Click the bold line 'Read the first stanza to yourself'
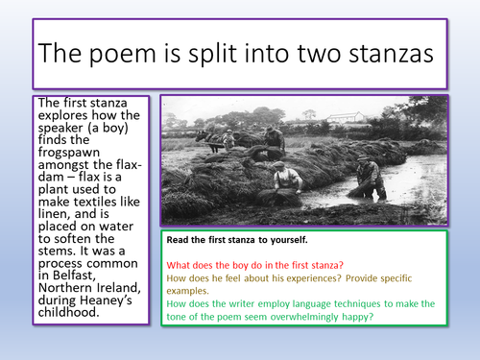click(x=248, y=241)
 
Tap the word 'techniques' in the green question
click(x=393, y=302)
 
